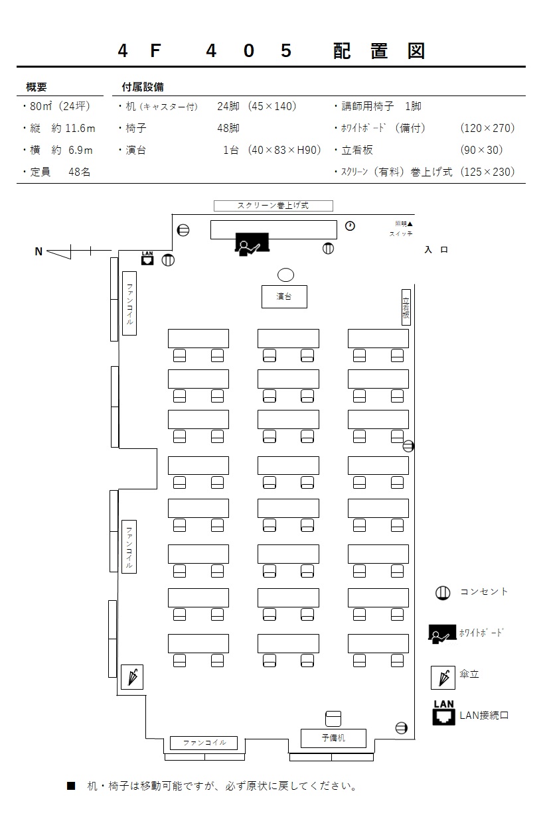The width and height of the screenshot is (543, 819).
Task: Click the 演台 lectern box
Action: tap(284, 296)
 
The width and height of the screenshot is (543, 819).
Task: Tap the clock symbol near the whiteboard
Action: tap(350, 226)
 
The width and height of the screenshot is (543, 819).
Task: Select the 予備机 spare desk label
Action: tap(333, 738)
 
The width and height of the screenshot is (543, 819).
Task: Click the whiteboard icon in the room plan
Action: tap(252, 244)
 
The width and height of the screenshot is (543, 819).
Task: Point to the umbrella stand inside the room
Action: tap(132, 677)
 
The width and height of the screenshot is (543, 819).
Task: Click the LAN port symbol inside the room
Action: tap(147, 258)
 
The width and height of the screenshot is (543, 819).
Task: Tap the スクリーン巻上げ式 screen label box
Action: tap(273, 206)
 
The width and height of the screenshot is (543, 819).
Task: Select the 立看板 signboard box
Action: tap(406, 307)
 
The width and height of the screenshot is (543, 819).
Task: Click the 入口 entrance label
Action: tap(436, 250)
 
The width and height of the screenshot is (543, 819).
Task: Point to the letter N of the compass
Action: tap(39, 251)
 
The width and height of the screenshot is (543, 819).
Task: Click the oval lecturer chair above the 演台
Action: tap(285, 275)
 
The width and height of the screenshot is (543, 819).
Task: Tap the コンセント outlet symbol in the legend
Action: tap(443, 593)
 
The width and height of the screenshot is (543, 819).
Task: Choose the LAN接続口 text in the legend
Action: tap(484, 716)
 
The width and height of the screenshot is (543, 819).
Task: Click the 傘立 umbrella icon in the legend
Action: tap(443, 678)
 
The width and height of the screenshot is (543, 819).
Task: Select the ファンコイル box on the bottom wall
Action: tap(204, 743)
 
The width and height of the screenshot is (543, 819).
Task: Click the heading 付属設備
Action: tap(143, 87)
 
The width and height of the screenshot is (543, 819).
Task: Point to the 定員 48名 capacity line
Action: tap(56, 172)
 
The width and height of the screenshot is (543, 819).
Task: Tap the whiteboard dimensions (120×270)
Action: tap(487, 128)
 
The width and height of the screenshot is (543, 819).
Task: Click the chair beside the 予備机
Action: tap(333, 719)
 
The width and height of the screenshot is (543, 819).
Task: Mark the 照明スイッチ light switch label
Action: tap(401, 229)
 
